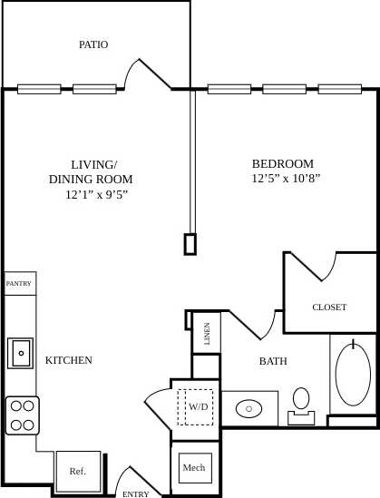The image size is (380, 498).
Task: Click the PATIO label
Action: click(x=93, y=44)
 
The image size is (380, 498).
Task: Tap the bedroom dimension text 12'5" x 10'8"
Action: click(x=286, y=179)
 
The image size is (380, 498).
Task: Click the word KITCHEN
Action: click(x=69, y=360)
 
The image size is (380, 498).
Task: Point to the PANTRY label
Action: click(x=19, y=284)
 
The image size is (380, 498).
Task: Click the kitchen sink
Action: click(x=20, y=352)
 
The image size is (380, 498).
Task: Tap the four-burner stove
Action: click(x=22, y=415)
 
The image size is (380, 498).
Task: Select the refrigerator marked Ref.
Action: click(x=78, y=471)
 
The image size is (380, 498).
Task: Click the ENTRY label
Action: click(x=136, y=493)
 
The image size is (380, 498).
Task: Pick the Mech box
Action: click(x=194, y=468)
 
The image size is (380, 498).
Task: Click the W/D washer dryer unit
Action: click(x=198, y=407)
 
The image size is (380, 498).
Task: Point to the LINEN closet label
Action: click(x=207, y=334)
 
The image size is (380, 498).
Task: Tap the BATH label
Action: click(x=273, y=361)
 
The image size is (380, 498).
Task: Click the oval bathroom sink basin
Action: click(x=249, y=409)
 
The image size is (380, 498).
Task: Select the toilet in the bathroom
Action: click(x=301, y=403)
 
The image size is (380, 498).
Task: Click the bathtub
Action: click(x=352, y=376)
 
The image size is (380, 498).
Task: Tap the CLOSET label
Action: click(x=329, y=307)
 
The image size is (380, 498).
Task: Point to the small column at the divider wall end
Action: click(x=190, y=243)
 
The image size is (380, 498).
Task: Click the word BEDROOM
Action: click(x=283, y=163)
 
